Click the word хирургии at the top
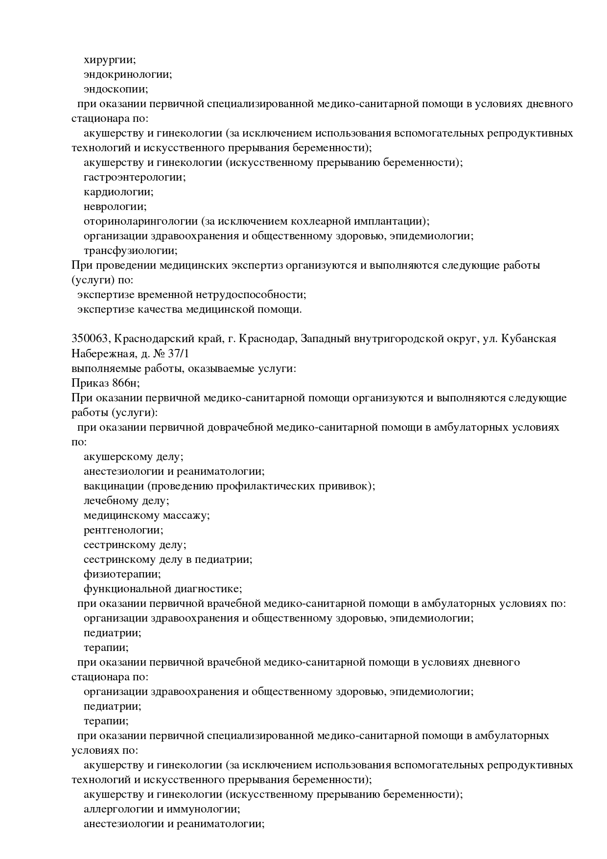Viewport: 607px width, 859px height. coord(109,60)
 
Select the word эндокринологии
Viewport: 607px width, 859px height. coord(127,75)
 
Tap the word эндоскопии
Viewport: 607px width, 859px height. coord(115,90)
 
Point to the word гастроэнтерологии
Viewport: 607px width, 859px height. coord(134,178)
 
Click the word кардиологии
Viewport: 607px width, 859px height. coord(118,192)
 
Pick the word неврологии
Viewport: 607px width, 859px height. coord(115,207)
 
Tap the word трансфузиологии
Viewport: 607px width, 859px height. coord(130,251)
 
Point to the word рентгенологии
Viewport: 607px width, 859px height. coord(123,530)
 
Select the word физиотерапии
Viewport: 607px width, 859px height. coord(122,574)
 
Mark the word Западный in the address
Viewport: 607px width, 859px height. coord(324,339)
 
